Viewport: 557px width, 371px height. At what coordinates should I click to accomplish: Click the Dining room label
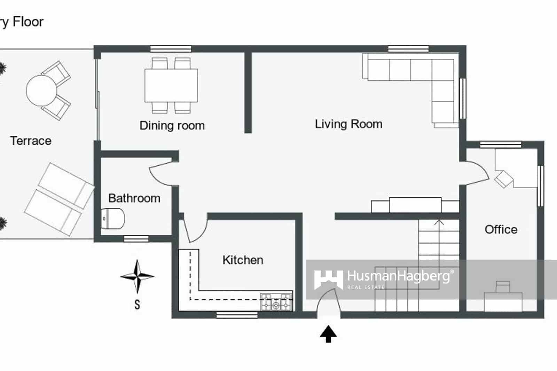pos(172,126)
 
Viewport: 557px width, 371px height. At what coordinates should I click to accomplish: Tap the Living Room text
pos(348,124)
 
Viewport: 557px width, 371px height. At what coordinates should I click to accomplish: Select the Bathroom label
pos(134,198)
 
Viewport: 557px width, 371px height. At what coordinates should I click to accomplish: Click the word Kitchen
pos(243,260)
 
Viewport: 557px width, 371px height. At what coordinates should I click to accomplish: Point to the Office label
pos(501,229)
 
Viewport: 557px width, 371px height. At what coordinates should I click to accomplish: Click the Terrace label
pos(31,141)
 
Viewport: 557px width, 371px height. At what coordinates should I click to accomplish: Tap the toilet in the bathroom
pos(113,219)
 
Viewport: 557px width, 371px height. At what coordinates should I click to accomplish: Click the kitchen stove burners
pos(276,302)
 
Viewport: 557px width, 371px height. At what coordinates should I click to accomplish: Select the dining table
pos(171,85)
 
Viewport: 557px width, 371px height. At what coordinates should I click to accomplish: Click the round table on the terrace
pos(41,90)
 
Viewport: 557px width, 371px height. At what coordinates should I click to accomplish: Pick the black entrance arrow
pos(328,334)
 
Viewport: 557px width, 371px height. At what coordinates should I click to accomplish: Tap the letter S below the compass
pos(137,305)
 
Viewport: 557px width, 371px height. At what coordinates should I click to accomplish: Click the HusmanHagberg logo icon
pos(328,279)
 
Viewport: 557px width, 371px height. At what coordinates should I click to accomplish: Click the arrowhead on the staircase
pos(439,222)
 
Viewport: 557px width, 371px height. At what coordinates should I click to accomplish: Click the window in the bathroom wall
pos(136,239)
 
